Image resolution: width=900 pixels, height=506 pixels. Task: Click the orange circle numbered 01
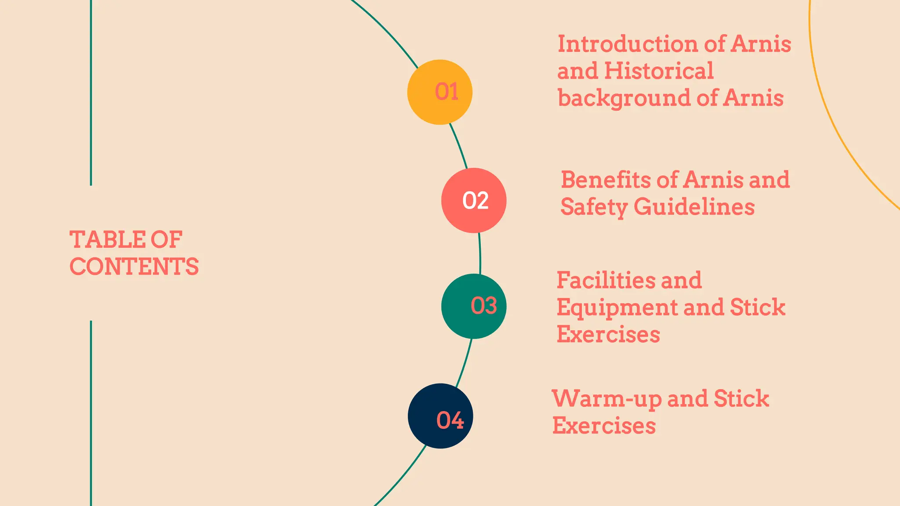[x=439, y=92]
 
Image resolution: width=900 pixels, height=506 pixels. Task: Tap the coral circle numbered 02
[x=474, y=200]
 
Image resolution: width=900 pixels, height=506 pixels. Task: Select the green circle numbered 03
[x=474, y=306]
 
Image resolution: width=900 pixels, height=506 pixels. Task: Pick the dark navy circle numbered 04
[x=440, y=416]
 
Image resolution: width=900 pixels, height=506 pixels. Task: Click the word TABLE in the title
[x=107, y=240]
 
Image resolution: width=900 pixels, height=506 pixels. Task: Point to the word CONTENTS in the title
[x=134, y=267]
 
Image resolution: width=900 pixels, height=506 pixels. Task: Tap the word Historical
[x=659, y=71]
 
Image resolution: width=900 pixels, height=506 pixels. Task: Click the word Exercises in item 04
[x=604, y=426]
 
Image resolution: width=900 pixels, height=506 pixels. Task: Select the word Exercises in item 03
[x=608, y=334]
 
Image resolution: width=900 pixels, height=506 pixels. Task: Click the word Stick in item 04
[x=741, y=398]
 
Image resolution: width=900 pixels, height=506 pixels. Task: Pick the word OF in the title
[x=167, y=240]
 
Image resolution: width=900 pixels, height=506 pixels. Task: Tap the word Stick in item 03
[x=757, y=307]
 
